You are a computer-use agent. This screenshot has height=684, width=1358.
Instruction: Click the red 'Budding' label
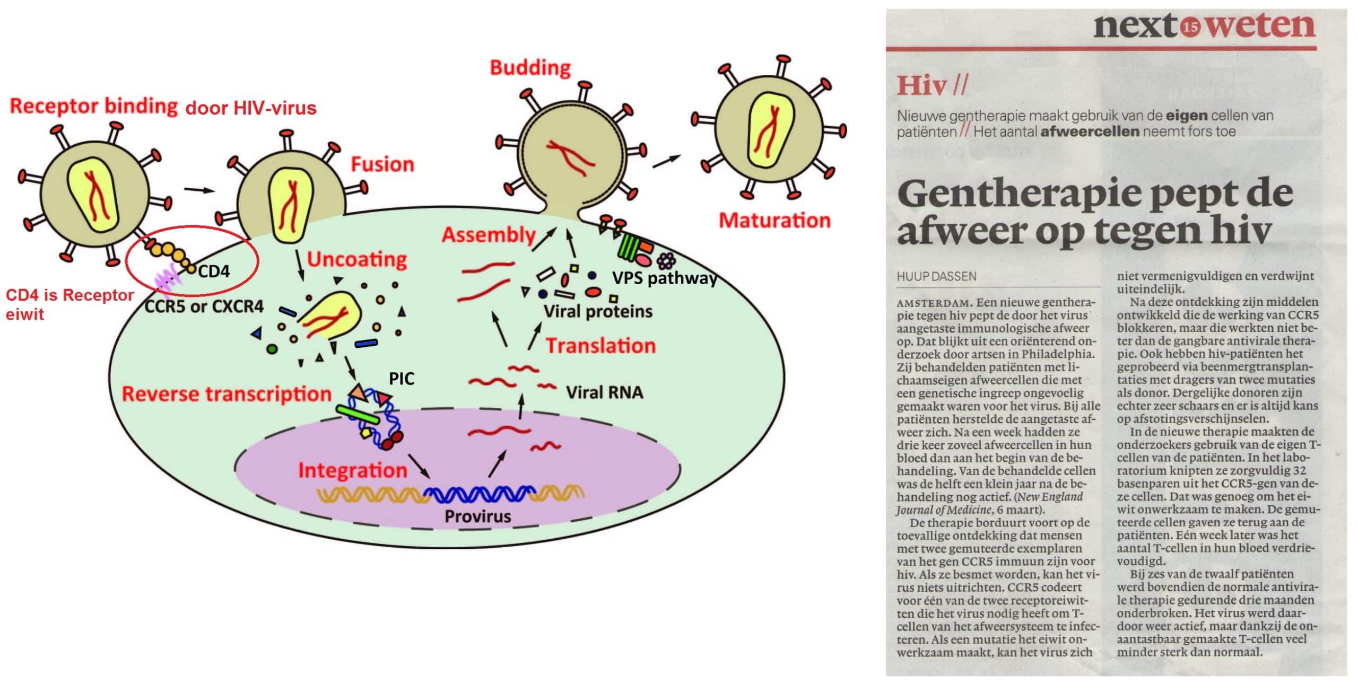pos(530,68)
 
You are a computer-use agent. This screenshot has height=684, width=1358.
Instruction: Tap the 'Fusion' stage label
pos(382,164)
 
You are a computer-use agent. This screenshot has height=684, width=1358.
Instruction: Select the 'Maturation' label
pos(774,220)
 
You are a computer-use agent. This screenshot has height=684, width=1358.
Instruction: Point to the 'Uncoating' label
pos(357,260)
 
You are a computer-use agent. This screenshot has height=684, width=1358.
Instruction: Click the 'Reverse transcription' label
pos(227,394)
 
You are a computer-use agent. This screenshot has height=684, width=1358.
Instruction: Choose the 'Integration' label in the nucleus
pos(353,470)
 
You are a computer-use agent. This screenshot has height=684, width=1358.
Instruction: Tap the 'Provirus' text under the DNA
pos(477,516)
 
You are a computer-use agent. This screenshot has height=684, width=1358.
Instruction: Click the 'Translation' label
pos(601,346)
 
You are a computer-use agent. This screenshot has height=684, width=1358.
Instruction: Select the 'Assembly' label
pos(489,235)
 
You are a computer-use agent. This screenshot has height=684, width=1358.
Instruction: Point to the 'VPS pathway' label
pos(665,278)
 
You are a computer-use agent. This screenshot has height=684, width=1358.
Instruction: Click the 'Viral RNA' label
pos(605,392)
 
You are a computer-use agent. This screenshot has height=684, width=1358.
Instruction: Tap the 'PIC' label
pos(402,379)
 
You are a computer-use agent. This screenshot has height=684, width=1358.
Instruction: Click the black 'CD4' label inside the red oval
pos(214,271)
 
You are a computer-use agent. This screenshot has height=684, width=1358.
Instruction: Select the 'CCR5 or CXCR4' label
pos(204,306)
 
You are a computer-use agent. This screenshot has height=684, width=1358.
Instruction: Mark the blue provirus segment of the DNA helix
pos(479,494)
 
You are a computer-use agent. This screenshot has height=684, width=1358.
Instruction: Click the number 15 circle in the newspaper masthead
pos(1191,27)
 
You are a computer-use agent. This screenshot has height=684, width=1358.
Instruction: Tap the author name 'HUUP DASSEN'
pos(936,276)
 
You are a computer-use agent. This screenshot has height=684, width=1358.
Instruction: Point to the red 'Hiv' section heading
pos(922,85)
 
